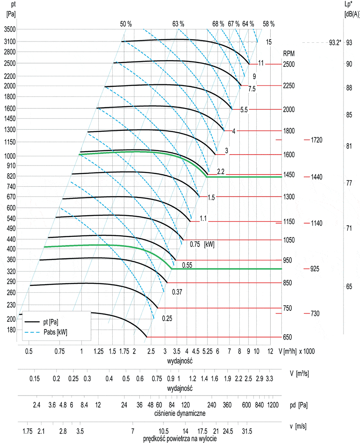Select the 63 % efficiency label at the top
click(x=178, y=24)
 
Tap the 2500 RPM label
click(x=289, y=64)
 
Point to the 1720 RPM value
click(x=317, y=139)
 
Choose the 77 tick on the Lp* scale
click(x=349, y=183)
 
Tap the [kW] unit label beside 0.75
click(x=209, y=244)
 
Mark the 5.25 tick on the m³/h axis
click(x=207, y=352)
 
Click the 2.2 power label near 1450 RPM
click(x=220, y=172)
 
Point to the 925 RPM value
click(x=314, y=269)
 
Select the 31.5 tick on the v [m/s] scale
click(x=247, y=431)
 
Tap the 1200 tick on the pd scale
click(x=274, y=405)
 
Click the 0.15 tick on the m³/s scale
click(x=35, y=379)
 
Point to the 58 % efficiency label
click(x=269, y=24)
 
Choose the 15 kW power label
click(x=269, y=42)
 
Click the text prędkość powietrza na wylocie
click(x=180, y=439)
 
